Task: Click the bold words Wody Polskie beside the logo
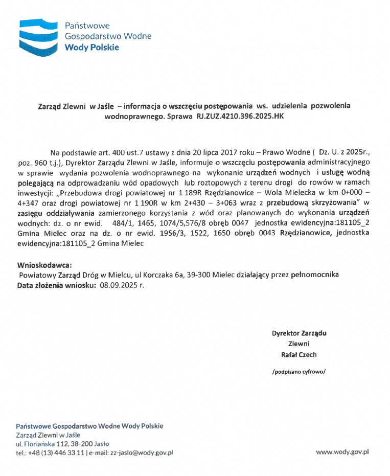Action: (x=91, y=48)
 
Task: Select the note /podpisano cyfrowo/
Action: (x=299, y=372)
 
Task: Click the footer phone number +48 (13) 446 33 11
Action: (x=56, y=452)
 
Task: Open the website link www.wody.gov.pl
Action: (x=342, y=452)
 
